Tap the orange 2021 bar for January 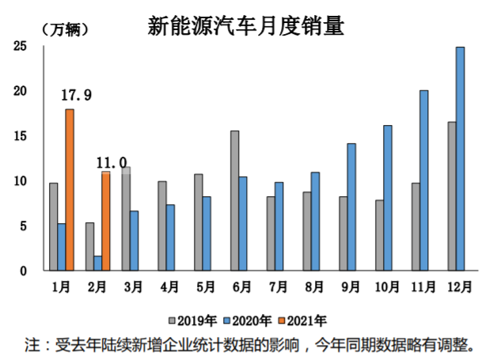tap(70, 190)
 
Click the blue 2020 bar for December tap(460, 158)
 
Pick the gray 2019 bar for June tap(235, 200)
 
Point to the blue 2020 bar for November tap(423, 180)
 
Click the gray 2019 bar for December tap(452, 196)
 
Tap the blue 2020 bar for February tap(97, 263)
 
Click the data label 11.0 tap(112, 163)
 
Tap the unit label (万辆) tap(64, 30)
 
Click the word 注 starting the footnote tap(32, 345)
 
